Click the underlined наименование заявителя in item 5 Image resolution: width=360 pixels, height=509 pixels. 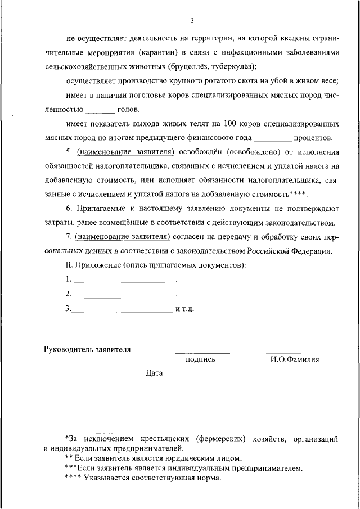tap(124, 152)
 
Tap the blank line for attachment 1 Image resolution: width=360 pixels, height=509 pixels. tap(125, 280)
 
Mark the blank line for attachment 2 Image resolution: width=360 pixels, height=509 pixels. tap(125, 294)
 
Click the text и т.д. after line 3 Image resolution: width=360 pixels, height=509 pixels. tap(184, 309)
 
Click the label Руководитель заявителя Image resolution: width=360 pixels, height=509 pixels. tap(87, 349)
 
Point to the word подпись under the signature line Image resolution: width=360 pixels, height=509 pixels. tap(200, 359)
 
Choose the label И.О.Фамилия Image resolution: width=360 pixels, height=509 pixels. tap(295, 359)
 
